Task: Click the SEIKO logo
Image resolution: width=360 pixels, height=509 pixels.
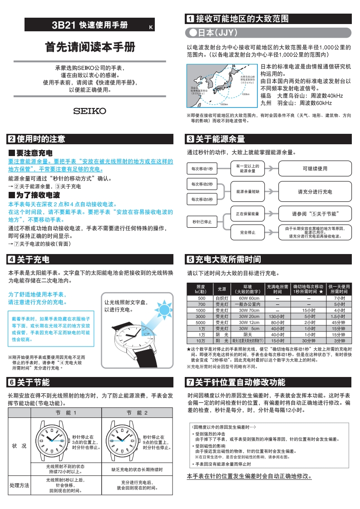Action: coord(90,111)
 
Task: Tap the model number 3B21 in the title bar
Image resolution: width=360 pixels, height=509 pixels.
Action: coord(64,25)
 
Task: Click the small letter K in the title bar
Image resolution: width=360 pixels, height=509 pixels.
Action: coord(151,28)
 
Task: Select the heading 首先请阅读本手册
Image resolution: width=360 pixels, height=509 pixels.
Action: coord(90,47)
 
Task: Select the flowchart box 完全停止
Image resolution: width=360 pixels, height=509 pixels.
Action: coord(247,233)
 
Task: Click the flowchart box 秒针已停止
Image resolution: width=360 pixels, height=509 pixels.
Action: coord(202,222)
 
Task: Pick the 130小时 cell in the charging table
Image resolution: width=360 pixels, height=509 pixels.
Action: coord(274,316)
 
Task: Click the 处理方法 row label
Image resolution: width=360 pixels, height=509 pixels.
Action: coord(20,485)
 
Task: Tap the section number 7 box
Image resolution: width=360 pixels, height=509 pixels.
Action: coord(191,382)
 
